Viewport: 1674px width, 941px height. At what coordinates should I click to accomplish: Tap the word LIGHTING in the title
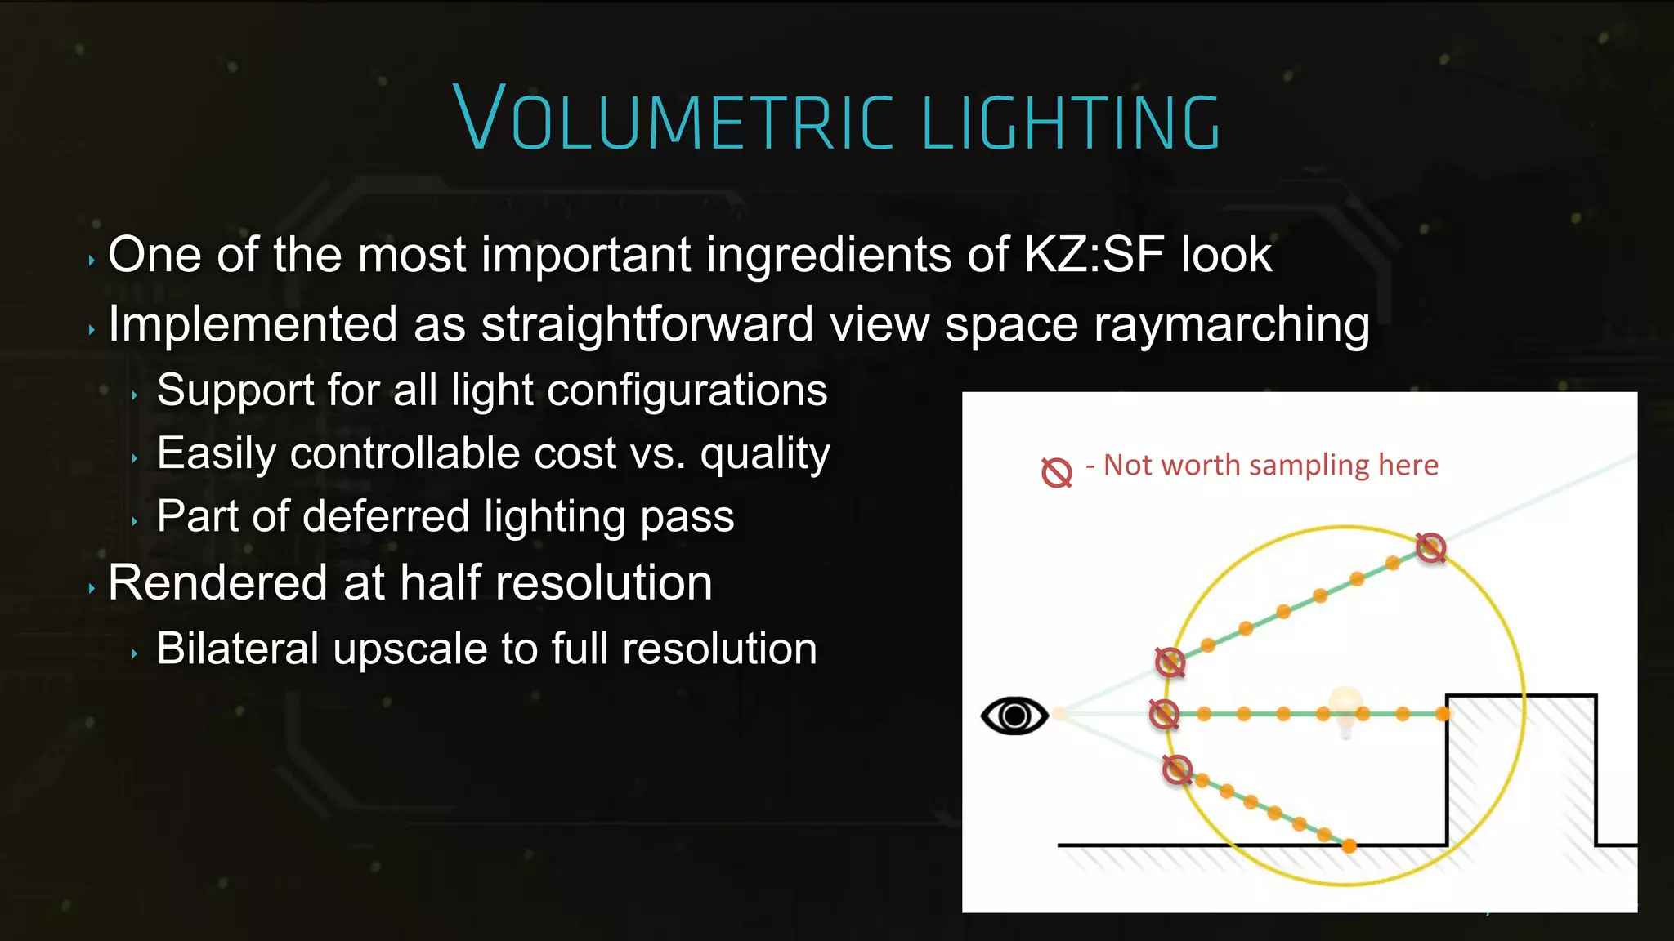(1071, 123)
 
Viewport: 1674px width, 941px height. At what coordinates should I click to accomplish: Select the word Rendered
(217, 582)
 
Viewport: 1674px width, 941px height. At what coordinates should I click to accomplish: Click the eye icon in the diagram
(1014, 716)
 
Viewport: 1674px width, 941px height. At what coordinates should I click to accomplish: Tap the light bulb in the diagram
(1345, 707)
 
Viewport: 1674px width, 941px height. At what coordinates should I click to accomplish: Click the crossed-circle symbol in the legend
(1056, 472)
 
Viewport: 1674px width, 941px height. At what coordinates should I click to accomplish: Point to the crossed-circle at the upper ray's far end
(1430, 547)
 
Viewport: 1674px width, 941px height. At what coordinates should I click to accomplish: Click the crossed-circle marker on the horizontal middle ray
(1164, 714)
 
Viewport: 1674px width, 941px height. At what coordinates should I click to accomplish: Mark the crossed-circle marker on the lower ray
(1177, 769)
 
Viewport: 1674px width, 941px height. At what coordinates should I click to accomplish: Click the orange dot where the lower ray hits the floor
(1349, 846)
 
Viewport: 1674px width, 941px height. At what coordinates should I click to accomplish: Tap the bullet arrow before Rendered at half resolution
(92, 588)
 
